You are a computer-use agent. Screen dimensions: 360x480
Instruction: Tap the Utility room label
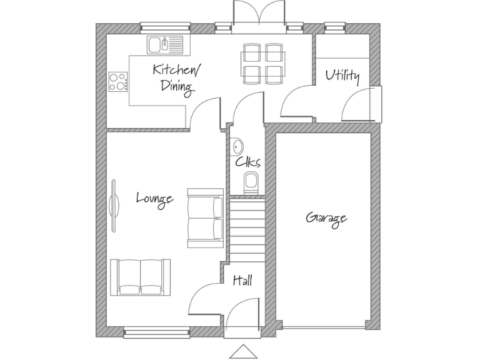(x=342, y=76)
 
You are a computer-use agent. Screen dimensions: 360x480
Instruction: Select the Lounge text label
(x=154, y=199)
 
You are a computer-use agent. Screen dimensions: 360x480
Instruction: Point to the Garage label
(x=326, y=218)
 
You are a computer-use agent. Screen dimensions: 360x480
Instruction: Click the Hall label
(x=242, y=281)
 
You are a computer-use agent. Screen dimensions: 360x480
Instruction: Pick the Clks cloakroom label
(x=247, y=162)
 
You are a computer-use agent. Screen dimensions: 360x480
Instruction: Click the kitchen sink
(x=165, y=44)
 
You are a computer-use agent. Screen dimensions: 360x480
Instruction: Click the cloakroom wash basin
(x=237, y=146)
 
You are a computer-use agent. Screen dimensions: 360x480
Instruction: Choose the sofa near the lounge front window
(x=140, y=276)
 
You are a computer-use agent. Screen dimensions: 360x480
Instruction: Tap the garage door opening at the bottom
(x=324, y=327)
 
